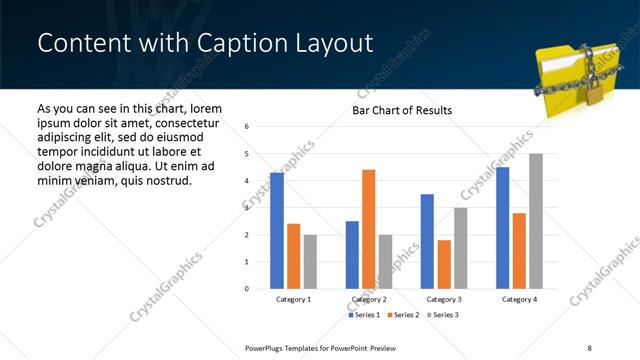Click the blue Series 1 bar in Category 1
[x=277, y=231]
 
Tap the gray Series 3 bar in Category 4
[x=536, y=221]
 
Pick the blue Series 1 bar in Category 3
[x=428, y=241]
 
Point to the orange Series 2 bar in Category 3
[x=444, y=264]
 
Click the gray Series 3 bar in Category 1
[x=310, y=262]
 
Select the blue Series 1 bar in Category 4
[x=503, y=228]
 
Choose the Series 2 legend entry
[x=403, y=315]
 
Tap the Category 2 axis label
[x=369, y=299]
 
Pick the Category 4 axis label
[x=519, y=299]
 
